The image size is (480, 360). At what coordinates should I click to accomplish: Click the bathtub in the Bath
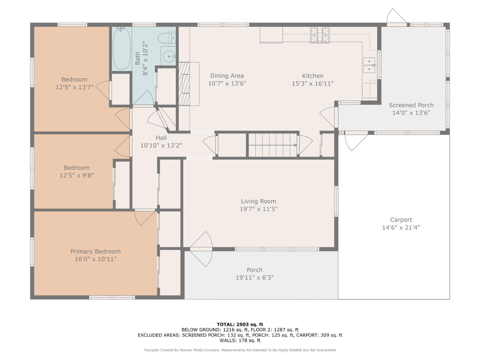pyautogui.click(x=122, y=48)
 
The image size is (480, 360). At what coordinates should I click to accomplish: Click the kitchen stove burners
pyautogui.click(x=320, y=35)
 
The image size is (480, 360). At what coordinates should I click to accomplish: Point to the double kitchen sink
pyautogui.click(x=369, y=65)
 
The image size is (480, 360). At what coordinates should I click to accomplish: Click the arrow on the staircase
pyautogui.click(x=273, y=145)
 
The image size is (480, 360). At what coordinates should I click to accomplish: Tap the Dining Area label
pyautogui.click(x=227, y=76)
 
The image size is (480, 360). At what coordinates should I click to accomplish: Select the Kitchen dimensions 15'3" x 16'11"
pyautogui.click(x=313, y=84)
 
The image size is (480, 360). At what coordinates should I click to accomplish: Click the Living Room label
pyautogui.click(x=259, y=201)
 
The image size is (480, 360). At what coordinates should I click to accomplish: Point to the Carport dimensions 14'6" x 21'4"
pyautogui.click(x=401, y=228)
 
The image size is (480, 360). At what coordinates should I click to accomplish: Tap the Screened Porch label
pyautogui.click(x=411, y=105)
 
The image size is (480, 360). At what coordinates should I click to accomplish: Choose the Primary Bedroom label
pyautogui.click(x=95, y=252)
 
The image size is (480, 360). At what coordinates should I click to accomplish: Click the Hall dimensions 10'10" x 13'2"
pyautogui.click(x=161, y=145)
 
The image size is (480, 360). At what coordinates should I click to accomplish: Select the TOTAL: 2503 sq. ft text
pyautogui.click(x=240, y=324)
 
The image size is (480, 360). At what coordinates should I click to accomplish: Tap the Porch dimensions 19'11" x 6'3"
pyautogui.click(x=254, y=277)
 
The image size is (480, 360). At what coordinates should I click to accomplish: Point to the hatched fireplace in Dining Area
pyautogui.click(x=184, y=84)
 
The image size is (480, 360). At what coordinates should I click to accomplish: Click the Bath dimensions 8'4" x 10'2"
pyautogui.click(x=145, y=60)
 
